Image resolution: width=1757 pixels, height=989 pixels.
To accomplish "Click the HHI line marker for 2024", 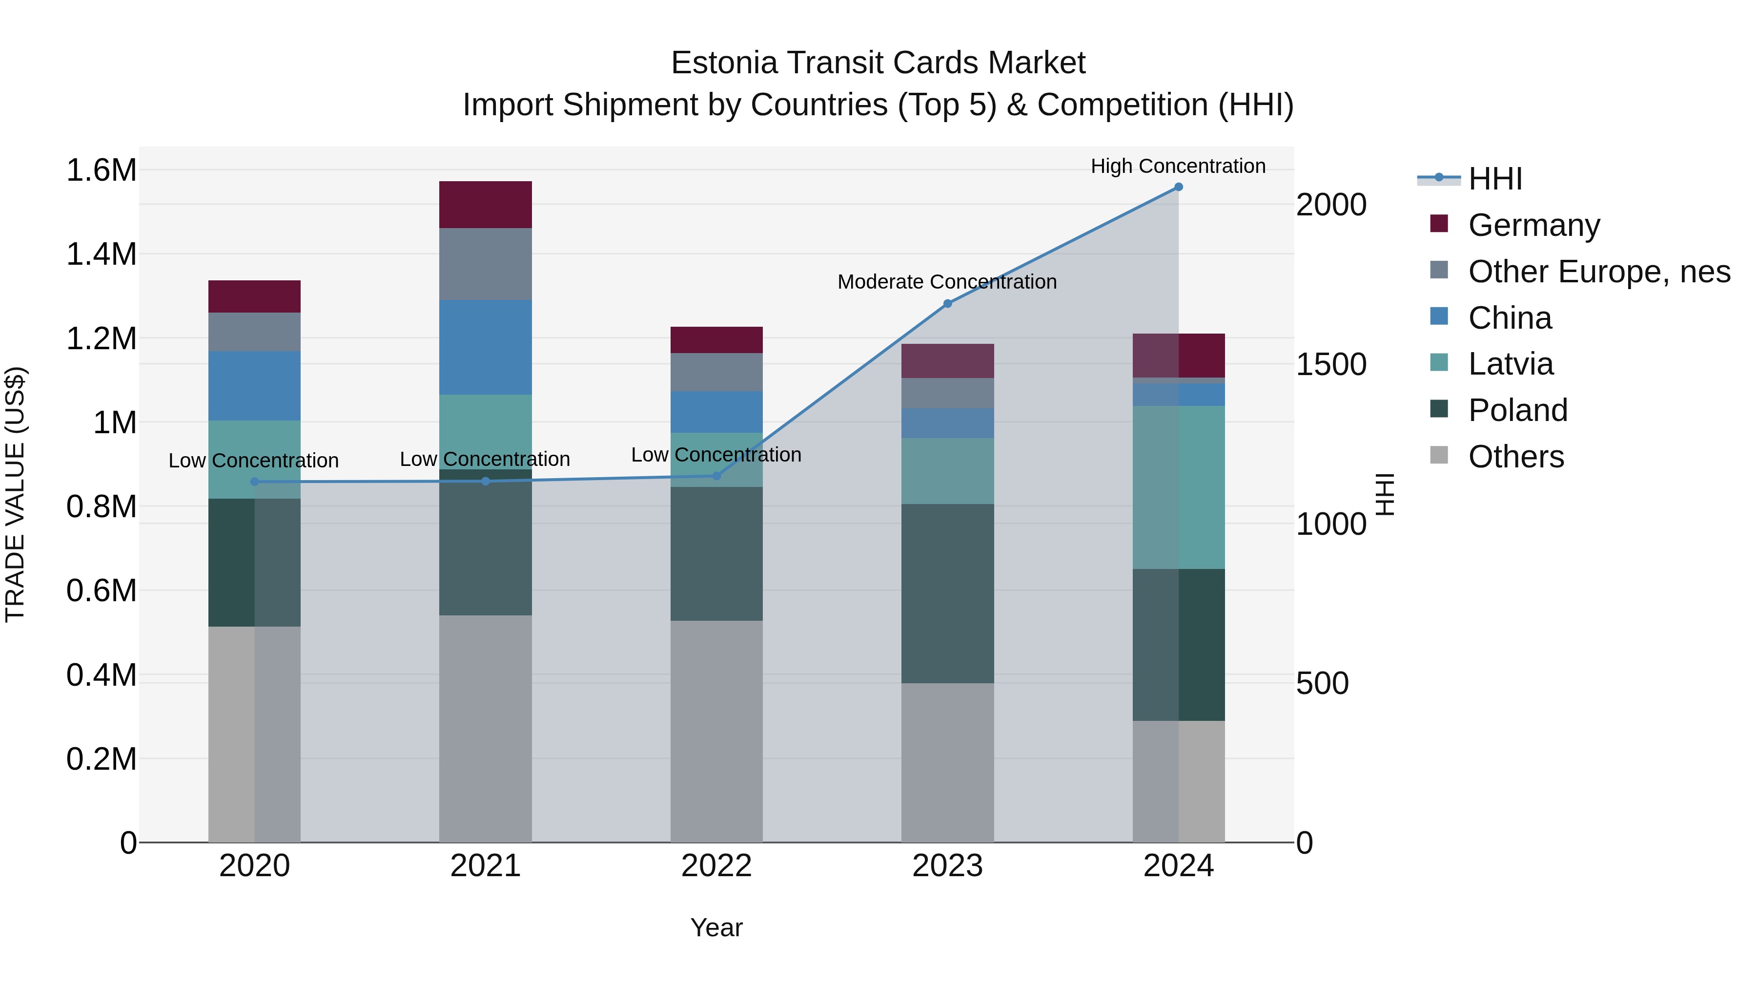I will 1178,187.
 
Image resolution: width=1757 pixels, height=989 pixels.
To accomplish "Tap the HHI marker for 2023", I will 947,304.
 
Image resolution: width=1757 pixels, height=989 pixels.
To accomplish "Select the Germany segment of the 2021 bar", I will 485,205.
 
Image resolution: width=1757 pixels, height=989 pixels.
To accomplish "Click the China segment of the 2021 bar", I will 485,347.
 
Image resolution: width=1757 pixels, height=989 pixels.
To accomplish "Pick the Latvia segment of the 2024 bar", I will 1178,487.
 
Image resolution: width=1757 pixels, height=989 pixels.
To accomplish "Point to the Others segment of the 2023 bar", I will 947,762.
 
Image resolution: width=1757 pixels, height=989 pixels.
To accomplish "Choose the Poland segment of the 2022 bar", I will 716,553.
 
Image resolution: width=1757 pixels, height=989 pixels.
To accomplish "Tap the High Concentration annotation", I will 1178,166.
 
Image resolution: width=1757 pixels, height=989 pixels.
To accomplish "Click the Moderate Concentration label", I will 947,282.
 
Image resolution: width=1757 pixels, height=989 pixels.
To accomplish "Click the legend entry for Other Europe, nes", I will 1599,272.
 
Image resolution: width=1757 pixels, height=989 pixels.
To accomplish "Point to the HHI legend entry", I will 1494,179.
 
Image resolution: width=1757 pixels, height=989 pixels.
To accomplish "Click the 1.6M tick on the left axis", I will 101,170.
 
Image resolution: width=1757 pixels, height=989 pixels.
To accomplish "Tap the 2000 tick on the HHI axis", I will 1331,205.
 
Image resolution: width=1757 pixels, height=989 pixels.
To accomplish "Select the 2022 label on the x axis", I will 716,866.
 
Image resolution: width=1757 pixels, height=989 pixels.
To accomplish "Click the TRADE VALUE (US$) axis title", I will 15,494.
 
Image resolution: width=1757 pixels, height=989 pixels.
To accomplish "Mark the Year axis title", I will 716,927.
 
